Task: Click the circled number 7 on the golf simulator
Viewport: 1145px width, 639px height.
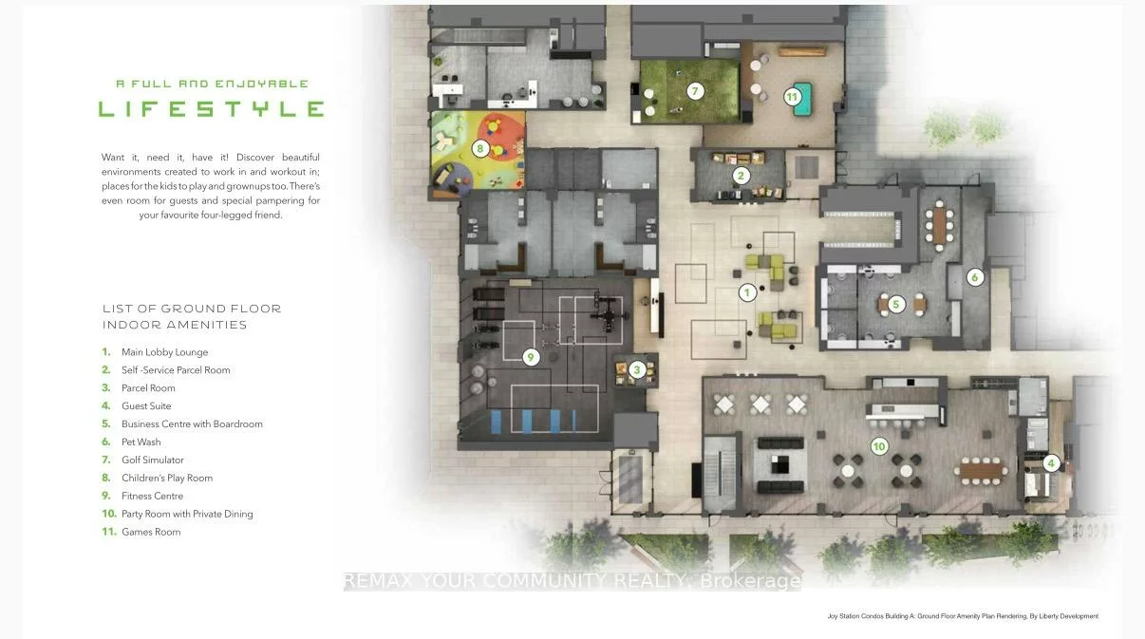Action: (x=695, y=91)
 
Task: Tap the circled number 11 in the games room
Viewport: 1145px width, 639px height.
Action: (x=792, y=97)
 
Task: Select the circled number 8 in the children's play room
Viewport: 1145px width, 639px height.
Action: (x=480, y=149)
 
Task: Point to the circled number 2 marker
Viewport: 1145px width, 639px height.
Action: (x=741, y=177)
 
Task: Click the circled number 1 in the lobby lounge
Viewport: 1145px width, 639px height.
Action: (x=747, y=293)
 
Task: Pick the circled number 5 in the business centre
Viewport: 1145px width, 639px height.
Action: (x=895, y=305)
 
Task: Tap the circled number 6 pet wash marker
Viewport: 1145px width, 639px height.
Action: (x=975, y=277)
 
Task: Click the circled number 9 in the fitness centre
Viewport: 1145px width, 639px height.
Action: (x=531, y=357)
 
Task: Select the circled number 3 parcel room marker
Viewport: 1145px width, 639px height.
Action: (x=637, y=370)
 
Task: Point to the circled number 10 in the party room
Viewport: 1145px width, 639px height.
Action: (x=879, y=447)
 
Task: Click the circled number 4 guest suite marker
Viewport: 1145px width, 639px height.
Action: (x=1051, y=463)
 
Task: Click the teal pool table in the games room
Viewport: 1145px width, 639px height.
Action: (x=803, y=99)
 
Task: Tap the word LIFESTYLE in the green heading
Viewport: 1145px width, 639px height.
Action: (x=212, y=109)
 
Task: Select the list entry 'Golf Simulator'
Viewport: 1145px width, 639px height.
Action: (x=152, y=460)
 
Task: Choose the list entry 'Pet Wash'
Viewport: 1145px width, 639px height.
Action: (x=141, y=442)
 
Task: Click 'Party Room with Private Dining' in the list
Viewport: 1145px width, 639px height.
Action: (x=187, y=514)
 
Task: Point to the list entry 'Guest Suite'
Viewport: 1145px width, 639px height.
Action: (x=146, y=405)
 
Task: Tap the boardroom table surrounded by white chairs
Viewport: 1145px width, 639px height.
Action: (x=940, y=226)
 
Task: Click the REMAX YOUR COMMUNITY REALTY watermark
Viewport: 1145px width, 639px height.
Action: (x=572, y=581)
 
